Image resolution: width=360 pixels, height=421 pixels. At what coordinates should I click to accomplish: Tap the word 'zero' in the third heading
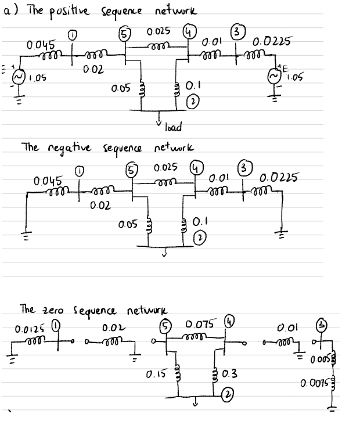pos(54,308)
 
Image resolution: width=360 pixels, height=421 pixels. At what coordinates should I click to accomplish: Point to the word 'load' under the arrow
pos(174,127)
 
